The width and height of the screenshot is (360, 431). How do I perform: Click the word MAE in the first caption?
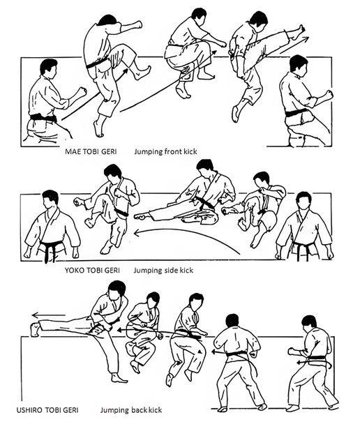(x=72, y=151)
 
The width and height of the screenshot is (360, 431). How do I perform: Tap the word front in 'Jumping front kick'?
(x=174, y=151)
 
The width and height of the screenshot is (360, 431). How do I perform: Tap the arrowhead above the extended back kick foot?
(x=35, y=315)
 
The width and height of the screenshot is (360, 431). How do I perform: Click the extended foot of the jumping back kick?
(x=36, y=329)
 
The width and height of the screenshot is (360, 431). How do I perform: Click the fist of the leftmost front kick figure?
(x=82, y=91)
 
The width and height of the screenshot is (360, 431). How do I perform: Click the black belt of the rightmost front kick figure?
(x=296, y=113)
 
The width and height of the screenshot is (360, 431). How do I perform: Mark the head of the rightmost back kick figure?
(x=308, y=324)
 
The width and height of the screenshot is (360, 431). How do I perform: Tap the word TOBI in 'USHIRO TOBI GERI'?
(x=53, y=410)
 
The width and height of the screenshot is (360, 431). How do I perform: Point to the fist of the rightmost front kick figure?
(x=328, y=95)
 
